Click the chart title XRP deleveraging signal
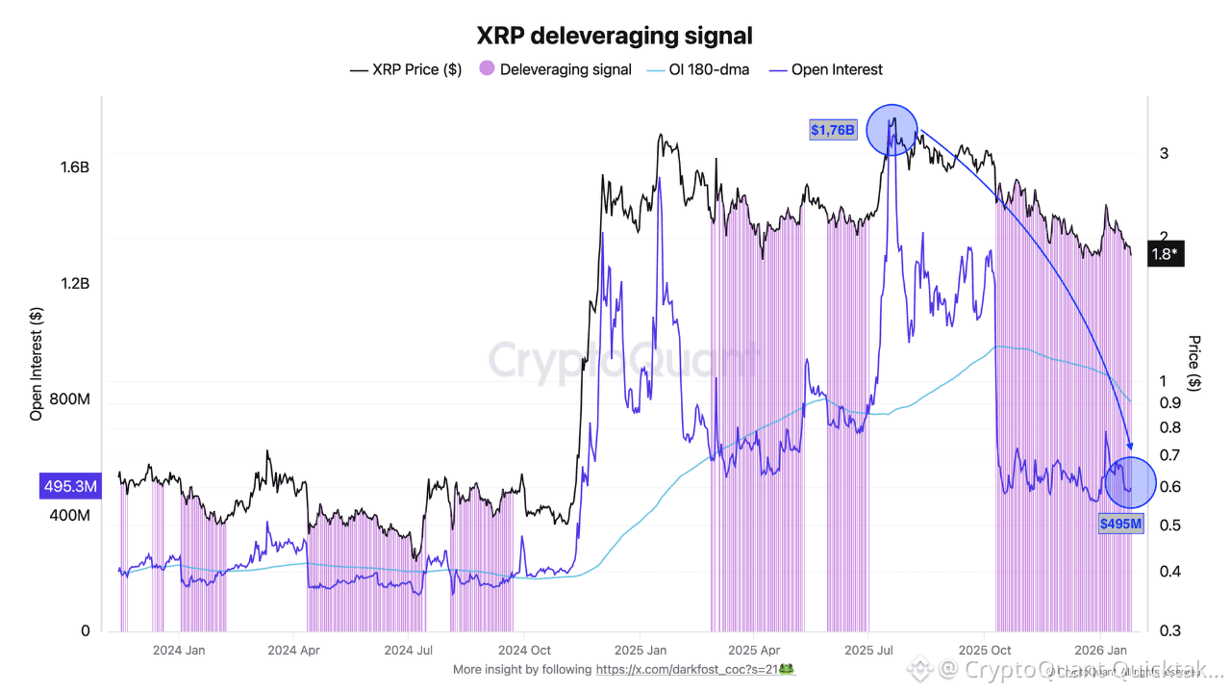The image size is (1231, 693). coord(615,37)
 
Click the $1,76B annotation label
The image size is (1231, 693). coord(833,130)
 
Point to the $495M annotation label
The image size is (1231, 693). coord(1121,524)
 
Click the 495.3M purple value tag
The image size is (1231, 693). coord(69,487)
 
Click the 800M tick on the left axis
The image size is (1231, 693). coord(69,398)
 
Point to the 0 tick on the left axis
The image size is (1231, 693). coord(85,630)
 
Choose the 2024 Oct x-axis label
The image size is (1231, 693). coord(530,650)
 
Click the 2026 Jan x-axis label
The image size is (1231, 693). coord(1100,650)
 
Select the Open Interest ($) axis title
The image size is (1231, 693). coord(37,364)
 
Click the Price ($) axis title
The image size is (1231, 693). coord(1194,363)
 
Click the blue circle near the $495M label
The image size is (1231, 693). coord(1130,482)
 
